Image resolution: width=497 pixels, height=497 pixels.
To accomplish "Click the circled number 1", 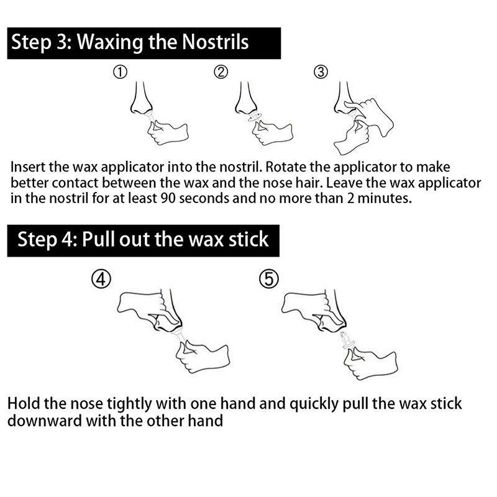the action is coord(120,72).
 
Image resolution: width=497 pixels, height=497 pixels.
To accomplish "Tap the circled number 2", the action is coord(221,72).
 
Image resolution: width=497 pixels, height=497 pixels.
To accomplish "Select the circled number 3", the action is coord(321,72).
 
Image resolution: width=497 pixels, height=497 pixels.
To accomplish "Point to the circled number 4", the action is coord(101,279).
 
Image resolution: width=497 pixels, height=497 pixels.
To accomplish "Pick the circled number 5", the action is coord(269,279).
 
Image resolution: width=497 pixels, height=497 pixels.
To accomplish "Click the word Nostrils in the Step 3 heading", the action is coord(216,42).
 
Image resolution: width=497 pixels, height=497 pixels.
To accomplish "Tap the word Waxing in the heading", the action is coord(110,43).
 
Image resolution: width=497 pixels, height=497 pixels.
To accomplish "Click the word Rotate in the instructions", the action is coord(286,167).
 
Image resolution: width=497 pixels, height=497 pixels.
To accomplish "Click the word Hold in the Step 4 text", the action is coord(24,404).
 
